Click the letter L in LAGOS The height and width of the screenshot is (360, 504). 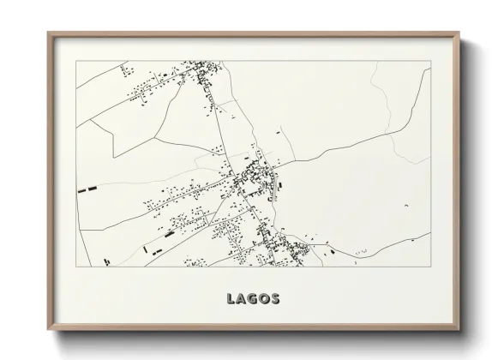point(231,299)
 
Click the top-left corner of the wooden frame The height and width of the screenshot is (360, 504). point(48,33)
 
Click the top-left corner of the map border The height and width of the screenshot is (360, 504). point(76,62)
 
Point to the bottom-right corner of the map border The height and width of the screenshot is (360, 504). point(429,267)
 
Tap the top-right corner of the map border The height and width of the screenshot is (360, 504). point(429,62)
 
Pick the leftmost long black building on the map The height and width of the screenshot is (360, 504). point(85,188)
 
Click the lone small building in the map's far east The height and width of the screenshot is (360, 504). point(363,250)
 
